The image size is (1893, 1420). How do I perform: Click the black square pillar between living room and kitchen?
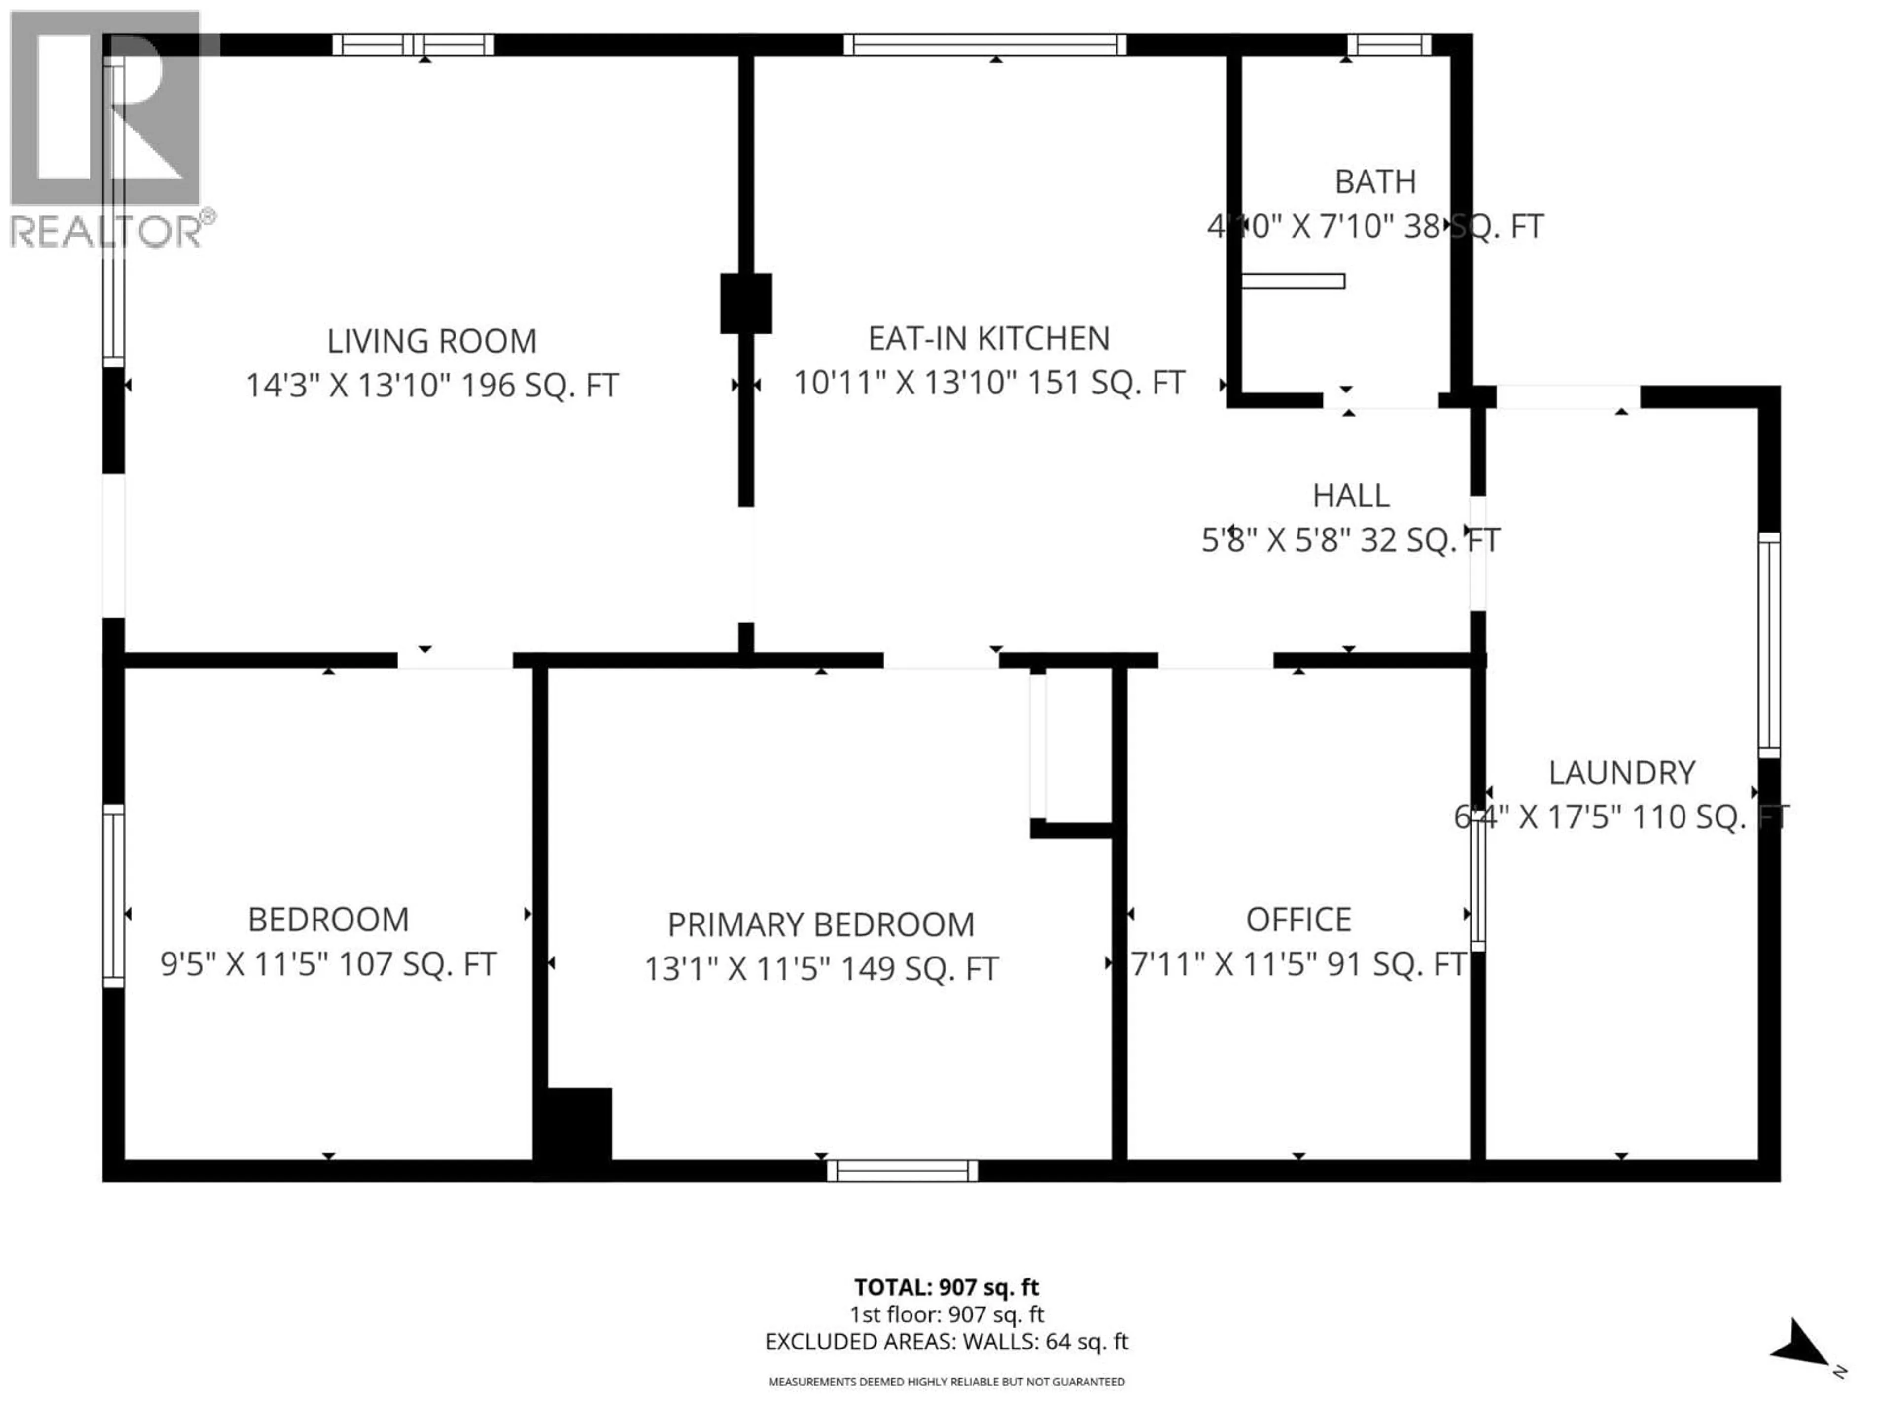pyautogui.click(x=745, y=303)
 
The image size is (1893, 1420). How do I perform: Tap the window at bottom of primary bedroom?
pyautogui.click(x=902, y=1170)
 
